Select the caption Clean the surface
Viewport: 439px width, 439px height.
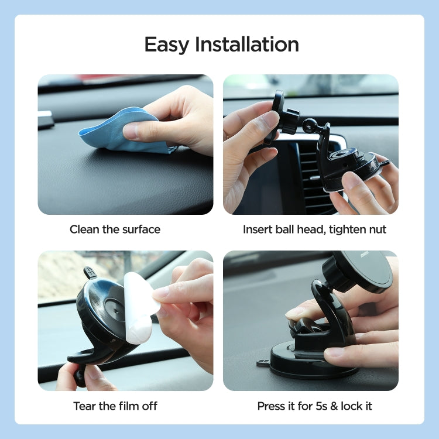pyautogui.click(x=115, y=229)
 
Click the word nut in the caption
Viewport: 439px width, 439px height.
pyautogui.click(x=376, y=229)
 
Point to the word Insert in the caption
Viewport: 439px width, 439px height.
pyautogui.click(x=258, y=229)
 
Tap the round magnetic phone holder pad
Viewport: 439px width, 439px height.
pyautogui.click(x=365, y=271)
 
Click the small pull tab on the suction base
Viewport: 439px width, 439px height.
pyautogui.click(x=263, y=363)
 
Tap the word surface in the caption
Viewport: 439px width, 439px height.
pyautogui.click(x=141, y=229)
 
